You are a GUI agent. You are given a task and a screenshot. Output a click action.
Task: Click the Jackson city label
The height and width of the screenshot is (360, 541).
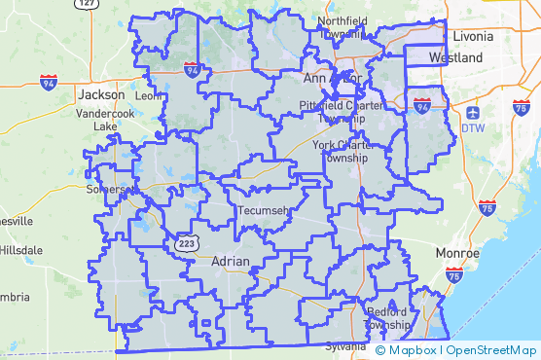102,94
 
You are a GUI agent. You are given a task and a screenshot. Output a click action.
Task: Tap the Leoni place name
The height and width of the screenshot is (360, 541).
149,96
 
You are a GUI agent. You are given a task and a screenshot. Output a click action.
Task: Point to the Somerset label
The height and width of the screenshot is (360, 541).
107,189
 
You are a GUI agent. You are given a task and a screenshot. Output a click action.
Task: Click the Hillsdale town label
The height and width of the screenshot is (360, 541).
19,249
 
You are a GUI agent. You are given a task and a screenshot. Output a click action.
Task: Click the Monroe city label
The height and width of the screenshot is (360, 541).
456,253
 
